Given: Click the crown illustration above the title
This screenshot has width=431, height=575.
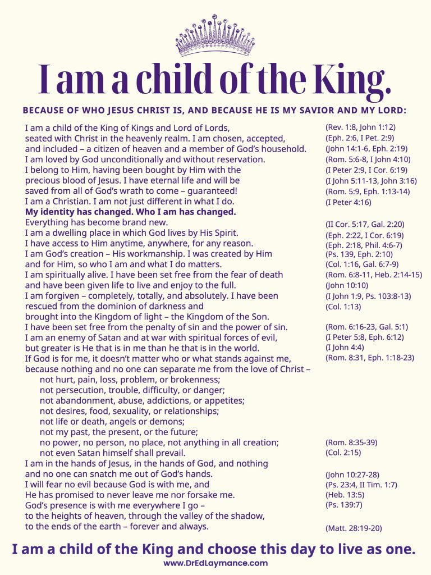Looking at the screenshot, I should (215, 36).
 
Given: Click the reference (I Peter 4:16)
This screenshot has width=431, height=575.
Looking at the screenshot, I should (348, 202).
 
